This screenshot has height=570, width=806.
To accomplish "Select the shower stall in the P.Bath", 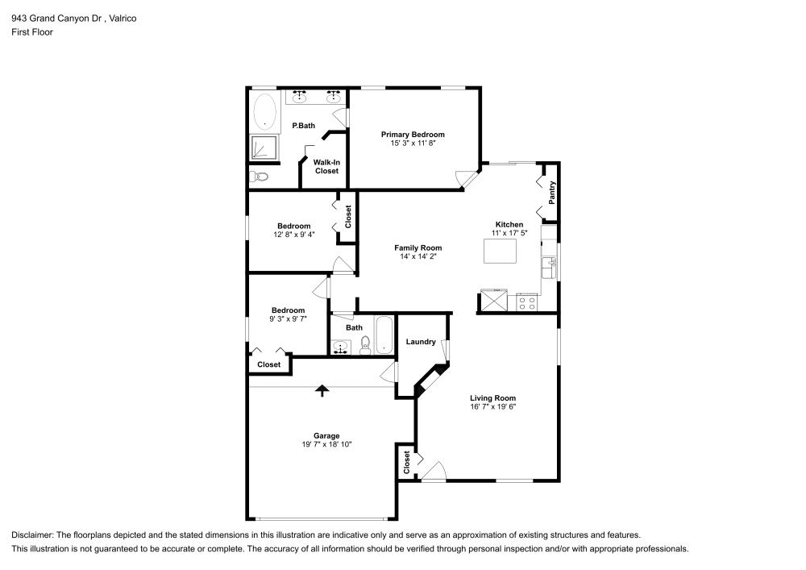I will click(x=263, y=147).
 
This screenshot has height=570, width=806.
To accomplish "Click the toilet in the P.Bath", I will click(x=259, y=177).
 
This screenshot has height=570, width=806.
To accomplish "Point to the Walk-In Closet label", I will click(x=326, y=166).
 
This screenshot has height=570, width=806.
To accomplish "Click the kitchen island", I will click(x=499, y=252).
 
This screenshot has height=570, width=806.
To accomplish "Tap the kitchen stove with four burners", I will click(x=527, y=302).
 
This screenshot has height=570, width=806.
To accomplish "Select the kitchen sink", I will click(x=551, y=264).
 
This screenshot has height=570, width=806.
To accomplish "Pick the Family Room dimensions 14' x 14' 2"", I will click(x=418, y=257).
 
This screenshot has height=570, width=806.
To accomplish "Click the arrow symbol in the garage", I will click(x=322, y=391).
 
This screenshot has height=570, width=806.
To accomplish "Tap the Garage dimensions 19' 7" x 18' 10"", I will click(x=326, y=444).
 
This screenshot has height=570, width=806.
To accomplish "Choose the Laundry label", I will click(x=421, y=342).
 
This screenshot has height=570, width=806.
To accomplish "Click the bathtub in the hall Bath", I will click(x=384, y=335).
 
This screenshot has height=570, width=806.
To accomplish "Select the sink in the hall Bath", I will click(x=341, y=347).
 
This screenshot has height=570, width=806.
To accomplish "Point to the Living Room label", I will click(x=492, y=398).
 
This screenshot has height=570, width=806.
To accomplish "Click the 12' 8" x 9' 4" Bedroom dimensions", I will click(x=293, y=235).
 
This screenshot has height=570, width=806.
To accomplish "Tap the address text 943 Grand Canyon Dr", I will click(x=56, y=18).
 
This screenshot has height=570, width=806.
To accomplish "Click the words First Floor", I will click(x=32, y=32).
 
